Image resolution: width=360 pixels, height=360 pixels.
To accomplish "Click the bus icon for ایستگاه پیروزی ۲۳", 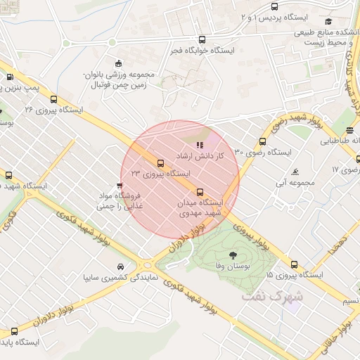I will click(160, 163).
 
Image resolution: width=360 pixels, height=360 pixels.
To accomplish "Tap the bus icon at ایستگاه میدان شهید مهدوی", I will click(200, 191).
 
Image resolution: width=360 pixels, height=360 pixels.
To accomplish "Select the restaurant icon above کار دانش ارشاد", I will click(199, 146).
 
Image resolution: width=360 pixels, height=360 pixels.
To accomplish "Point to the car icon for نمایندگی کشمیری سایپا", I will click(122, 267).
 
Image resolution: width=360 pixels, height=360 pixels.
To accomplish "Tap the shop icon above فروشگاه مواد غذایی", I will click(119, 186).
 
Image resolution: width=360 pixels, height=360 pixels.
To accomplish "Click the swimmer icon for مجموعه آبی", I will click(295, 172).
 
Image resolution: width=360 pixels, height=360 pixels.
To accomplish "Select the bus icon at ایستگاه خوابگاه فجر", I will click(202, 40).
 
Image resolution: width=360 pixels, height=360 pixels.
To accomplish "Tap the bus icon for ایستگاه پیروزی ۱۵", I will click(294, 265).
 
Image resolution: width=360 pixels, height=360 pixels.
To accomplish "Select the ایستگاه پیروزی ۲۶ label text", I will click(53, 110).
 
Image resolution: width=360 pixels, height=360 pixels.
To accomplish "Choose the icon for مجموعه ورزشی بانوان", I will click(117, 63).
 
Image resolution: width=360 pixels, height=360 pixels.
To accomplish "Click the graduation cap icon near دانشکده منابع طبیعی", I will click(328, 21).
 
